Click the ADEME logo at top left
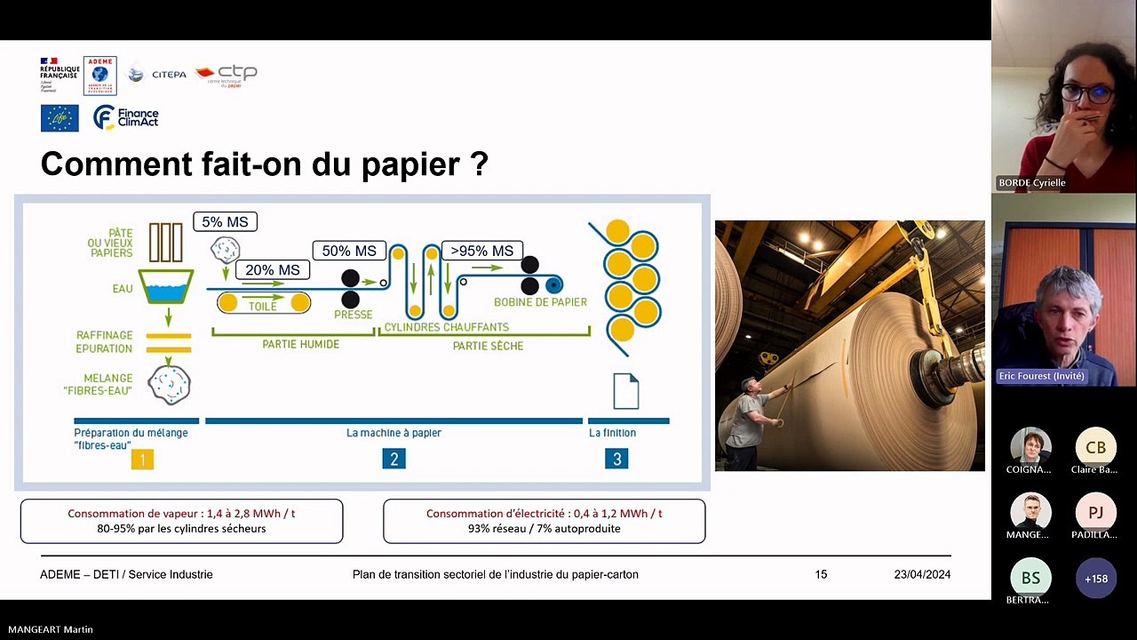coord(99,76)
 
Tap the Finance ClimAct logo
coord(126,117)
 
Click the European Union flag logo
coord(60,117)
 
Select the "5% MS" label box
coord(226,221)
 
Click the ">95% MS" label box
coord(482,251)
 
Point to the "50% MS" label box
coord(349,251)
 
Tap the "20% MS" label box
coord(273,269)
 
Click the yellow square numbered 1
coord(142,459)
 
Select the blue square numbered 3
coord(616,459)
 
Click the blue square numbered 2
coord(394,459)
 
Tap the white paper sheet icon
coord(626,391)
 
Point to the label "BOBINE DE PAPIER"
coord(540,302)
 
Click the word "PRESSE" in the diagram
coord(353,315)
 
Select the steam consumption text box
coord(181,521)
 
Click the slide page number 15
coord(821,574)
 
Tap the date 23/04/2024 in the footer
coord(922,574)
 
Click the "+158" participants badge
coord(1095,579)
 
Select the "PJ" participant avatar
coord(1095,513)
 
